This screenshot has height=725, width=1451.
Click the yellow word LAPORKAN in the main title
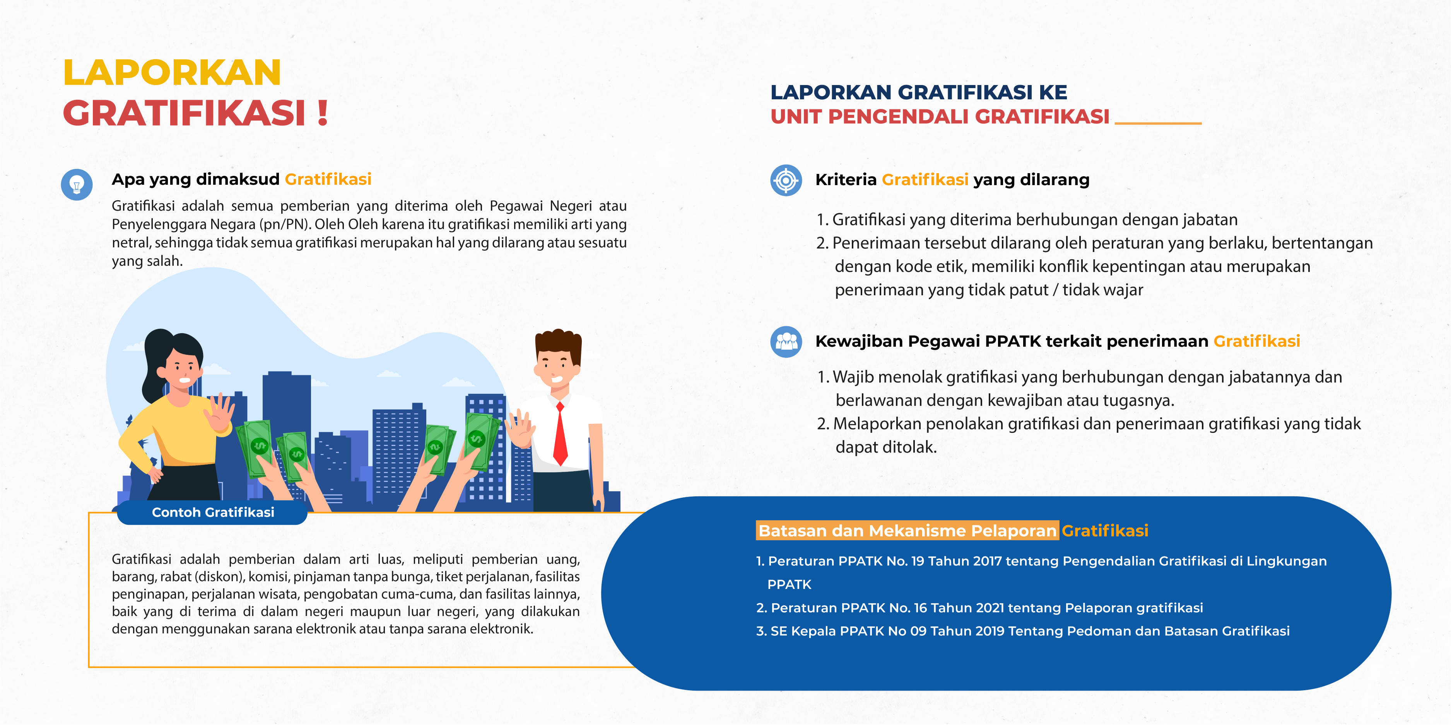172,73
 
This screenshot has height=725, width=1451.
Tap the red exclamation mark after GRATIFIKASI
322,112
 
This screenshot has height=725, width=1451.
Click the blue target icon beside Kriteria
786,180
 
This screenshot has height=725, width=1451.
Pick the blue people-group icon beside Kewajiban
786,342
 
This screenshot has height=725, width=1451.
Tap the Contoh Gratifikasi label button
212,512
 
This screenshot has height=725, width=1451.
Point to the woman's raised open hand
220,414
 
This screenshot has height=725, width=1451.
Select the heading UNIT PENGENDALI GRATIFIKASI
940,117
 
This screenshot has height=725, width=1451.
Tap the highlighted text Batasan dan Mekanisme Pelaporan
907,531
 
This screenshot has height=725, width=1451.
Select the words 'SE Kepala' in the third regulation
803,631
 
